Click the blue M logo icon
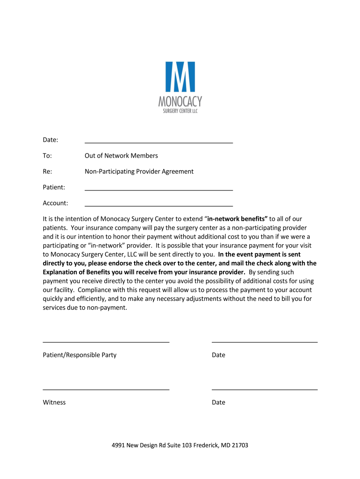[180, 77]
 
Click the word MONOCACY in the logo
[180, 102]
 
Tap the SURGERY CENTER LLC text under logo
[180, 111]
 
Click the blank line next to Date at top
[158, 142]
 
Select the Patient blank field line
[158, 190]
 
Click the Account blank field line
[158, 205]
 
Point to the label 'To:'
[47, 156]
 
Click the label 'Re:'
[47, 172]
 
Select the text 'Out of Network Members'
[121, 156]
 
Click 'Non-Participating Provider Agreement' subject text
[139, 172]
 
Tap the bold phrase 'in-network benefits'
[237, 219]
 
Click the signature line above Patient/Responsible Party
[106, 342]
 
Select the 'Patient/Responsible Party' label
[79, 355]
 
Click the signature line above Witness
[106, 389]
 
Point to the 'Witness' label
[54, 402]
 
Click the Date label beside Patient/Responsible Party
[218, 355]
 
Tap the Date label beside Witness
[218, 402]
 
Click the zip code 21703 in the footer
[239, 445]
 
